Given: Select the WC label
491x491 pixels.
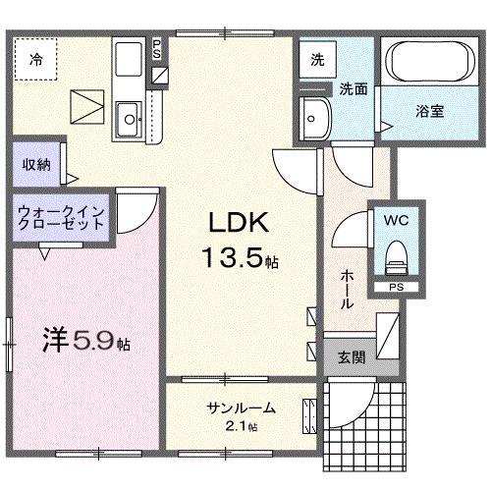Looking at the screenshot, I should [397, 221].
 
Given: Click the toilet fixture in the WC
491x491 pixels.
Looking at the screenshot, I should [397, 258].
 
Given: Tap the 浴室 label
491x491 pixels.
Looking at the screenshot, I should [428, 111].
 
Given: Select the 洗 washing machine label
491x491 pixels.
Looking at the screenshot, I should [317, 58].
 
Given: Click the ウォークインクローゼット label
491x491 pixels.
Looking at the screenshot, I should [61, 217].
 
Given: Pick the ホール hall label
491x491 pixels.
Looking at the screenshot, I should [347, 291].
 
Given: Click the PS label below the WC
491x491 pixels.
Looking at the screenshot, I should [396, 287].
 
